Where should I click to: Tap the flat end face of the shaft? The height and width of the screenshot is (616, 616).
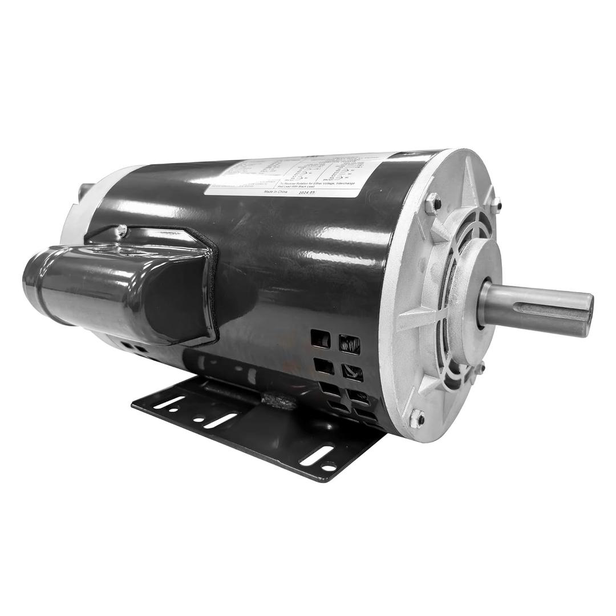pyautogui.click(x=587, y=314)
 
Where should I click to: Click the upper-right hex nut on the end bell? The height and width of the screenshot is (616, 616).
pyautogui.click(x=496, y=203)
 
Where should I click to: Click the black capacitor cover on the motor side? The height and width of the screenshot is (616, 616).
pyautogui.click(x=125, y=291)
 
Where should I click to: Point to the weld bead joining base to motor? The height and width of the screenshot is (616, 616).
pyautogui.click(x=282, y=402)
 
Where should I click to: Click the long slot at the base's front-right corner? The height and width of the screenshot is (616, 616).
pyautogui.click(x=317, y=455)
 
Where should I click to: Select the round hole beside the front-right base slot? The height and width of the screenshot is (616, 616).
pyautogui.click(x=329, y=468)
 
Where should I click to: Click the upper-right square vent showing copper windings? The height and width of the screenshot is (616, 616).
pyautogui.click(x=350, y=345)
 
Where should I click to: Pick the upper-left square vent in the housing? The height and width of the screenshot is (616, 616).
pyautogui.click(x=320, y=339)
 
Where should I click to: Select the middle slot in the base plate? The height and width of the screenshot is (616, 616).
pyautogui.click(x=220, y=421)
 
